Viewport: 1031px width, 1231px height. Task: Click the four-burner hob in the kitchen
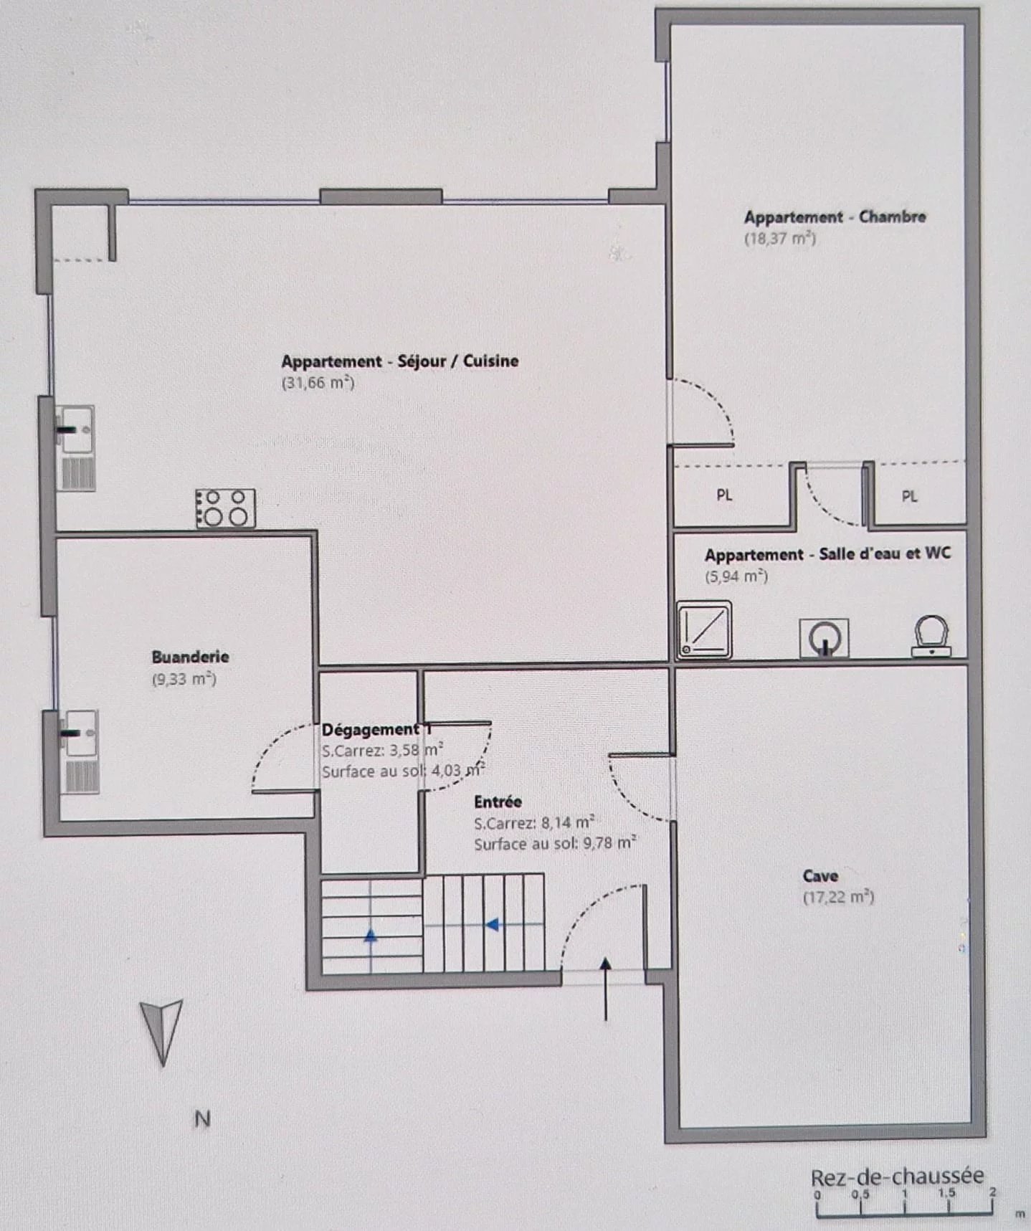click(x=225, y=508)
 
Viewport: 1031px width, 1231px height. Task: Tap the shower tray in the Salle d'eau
click(x=705, y=629)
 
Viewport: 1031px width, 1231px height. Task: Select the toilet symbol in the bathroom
click(x=931, y=636)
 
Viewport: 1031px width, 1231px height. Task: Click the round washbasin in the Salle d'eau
click(x=825, y=638)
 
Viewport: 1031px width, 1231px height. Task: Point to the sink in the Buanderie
click(x=79, y=752)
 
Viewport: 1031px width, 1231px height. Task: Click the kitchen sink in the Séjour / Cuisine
click(x=75, y=448)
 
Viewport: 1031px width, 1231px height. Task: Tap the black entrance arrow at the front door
click(x=606, y=989)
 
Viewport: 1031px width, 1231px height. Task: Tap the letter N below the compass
click(x=202, y=1118)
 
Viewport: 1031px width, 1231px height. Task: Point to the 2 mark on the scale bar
click(x=992, y=1192)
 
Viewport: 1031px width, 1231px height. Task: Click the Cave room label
click(x=820, y=875)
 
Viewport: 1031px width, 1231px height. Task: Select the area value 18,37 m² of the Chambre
click(x=780, y=238)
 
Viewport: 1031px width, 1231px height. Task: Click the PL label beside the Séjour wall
click(x=724, y=495)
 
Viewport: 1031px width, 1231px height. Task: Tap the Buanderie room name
click(x=190, y=657)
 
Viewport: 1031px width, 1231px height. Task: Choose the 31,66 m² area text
click(x=318, y=382)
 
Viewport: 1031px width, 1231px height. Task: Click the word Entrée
click(x=498, y=802)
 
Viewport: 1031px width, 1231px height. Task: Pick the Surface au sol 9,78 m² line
click(x=555, y=843)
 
